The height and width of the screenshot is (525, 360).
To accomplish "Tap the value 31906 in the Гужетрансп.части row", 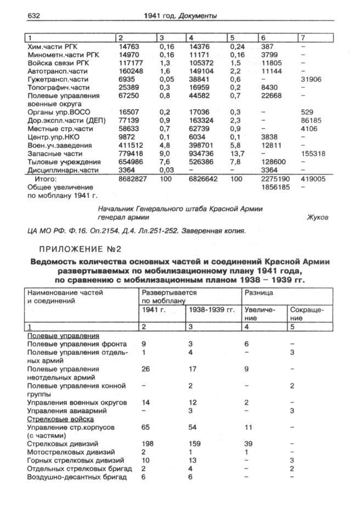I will (312, 80).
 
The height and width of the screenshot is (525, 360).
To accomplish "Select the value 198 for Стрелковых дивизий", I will (148, 443).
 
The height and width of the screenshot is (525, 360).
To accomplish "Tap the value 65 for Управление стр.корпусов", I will (146, 426).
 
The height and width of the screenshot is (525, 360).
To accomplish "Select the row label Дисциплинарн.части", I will (58, 170).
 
